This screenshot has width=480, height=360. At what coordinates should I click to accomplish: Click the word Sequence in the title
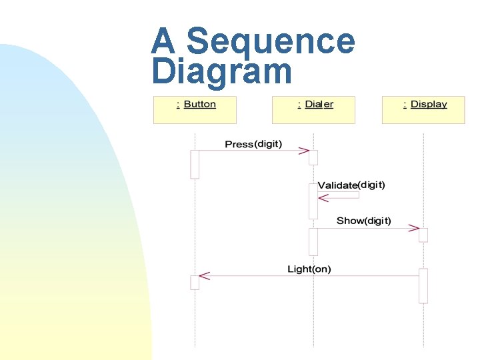point(271,41)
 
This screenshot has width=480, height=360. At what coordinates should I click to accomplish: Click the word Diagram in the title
point(221,71)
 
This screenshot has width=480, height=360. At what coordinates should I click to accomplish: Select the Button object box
point(195,109)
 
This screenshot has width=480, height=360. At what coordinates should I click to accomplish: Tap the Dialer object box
point(313,109)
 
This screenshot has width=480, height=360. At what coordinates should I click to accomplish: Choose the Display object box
point(423,109)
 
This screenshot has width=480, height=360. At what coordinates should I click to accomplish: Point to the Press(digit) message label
point(253,144)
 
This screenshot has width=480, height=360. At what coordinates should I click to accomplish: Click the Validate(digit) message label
point(351,185)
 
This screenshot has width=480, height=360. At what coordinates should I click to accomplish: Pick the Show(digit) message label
point(364,221)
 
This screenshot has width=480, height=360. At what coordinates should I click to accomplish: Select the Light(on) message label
point(309,269)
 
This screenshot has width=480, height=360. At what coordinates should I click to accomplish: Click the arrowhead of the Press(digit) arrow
point(304,151)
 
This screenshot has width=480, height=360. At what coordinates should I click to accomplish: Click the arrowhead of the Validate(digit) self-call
point(323,198)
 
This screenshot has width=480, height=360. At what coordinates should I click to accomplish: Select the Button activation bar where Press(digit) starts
point(195,164)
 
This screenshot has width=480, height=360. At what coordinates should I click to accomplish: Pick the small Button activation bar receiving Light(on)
point(195,282)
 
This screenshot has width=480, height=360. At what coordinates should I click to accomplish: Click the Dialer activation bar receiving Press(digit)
point(313,157)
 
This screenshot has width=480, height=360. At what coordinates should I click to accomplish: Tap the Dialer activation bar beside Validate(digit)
point(313,201)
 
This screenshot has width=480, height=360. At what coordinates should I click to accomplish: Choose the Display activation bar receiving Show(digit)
point(423,235)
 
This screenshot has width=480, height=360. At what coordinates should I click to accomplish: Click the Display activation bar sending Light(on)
point(423,285)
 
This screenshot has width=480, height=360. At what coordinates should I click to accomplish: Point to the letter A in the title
point(163,41)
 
